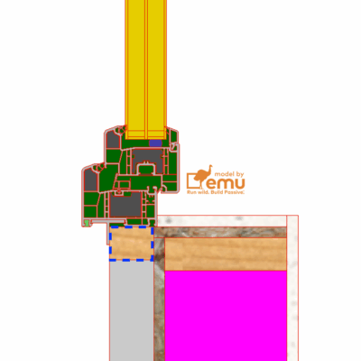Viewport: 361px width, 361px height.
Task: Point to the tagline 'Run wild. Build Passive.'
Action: pos(217,193)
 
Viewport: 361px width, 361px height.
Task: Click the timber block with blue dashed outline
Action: pos(130,243)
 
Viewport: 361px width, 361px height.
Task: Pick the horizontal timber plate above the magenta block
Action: pos(226,255)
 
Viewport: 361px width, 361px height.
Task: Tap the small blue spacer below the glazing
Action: pos(154,142)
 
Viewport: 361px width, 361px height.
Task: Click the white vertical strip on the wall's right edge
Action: pos(292,289)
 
